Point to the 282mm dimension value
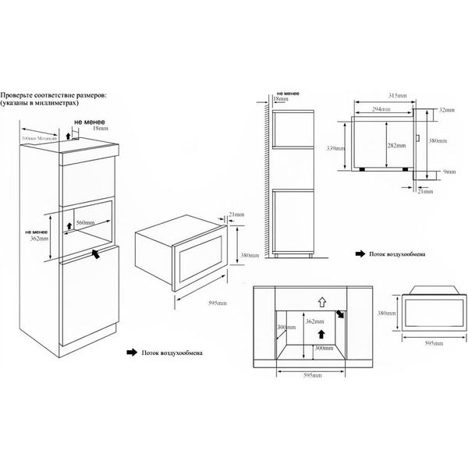point(397,146)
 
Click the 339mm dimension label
point(331,146)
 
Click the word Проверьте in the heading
point(20,94)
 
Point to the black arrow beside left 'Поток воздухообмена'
point(130,353)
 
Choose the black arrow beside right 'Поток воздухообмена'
point(360,253)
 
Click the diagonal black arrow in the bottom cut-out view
point(340,315)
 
